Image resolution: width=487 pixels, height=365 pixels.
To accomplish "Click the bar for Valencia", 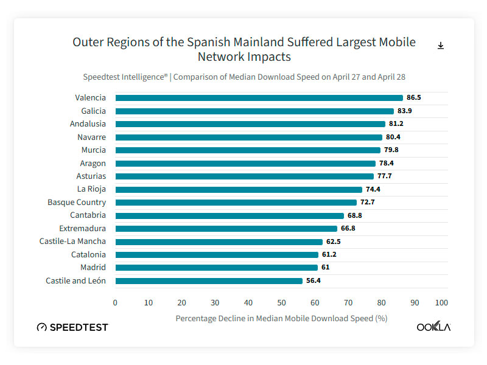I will tap(259, 98).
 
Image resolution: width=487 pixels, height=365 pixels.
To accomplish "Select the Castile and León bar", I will tap(209, 281).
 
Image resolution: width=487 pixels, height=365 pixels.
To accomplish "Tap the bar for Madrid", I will tap(216, 268).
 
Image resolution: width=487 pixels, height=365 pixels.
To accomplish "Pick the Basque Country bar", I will tap(236, 203).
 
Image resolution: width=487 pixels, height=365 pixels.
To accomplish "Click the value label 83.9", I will tap(406, 111).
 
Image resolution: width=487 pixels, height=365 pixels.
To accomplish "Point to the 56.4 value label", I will tap(314, 281).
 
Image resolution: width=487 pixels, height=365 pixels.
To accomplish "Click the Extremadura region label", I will tap(82, 229).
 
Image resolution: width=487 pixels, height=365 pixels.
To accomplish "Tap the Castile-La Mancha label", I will tap(72, 242).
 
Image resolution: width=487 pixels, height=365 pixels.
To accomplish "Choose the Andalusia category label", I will tap(88, 124).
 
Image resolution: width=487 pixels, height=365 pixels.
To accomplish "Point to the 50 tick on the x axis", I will tap(281, 302).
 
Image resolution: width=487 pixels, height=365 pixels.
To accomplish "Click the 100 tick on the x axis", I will tap(441, 302).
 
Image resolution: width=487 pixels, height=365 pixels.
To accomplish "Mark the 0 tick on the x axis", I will tap(115, 302).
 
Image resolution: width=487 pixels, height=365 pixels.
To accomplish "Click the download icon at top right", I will tap(441, 46).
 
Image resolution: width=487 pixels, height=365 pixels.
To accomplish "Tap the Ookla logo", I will tap(433, 327).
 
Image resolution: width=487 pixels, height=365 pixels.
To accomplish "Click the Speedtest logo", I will tap(72, 327).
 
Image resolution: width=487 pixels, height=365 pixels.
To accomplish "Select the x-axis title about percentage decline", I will tap(281, 318).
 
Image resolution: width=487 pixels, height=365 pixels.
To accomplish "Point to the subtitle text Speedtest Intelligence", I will tap(125, 77).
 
